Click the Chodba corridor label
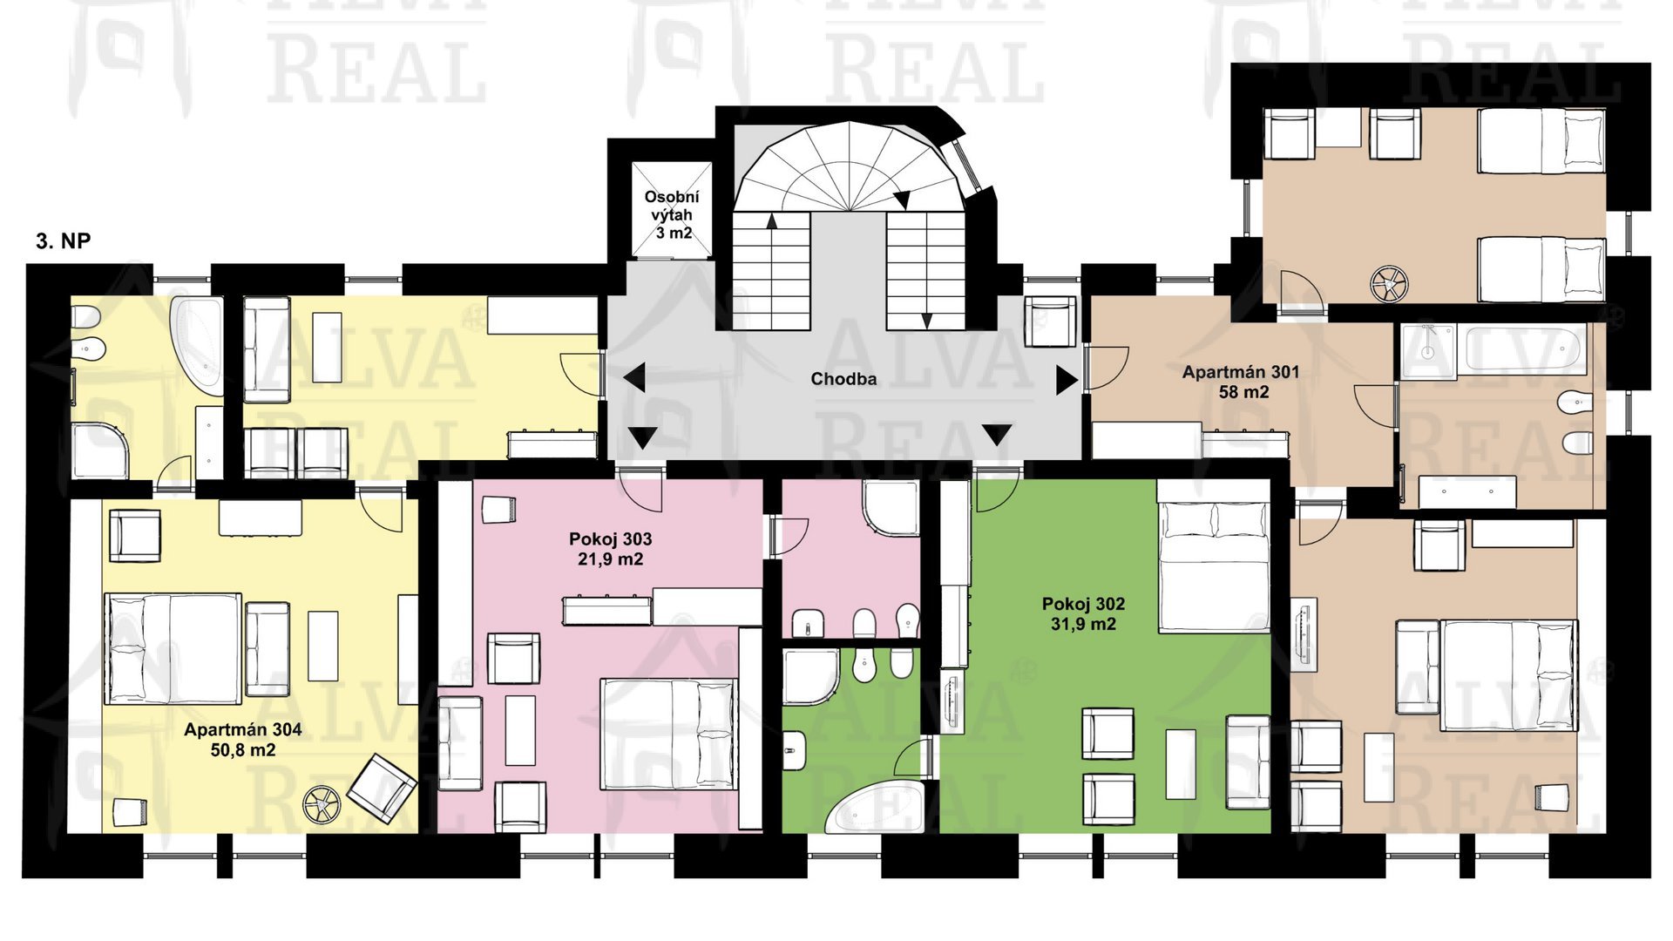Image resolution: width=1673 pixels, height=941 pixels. click(843, 379)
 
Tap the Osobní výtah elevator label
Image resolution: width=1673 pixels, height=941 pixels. click(672, 215)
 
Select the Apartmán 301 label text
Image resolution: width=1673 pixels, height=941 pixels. click(1241, 382)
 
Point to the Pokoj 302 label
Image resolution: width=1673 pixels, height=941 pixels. click(1083, 613)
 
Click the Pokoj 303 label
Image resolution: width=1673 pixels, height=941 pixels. click(610, 549)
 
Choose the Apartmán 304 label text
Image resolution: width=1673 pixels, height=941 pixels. click(243, 740)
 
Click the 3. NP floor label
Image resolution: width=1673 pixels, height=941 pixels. click(63, 241)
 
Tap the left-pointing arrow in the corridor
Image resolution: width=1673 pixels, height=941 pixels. click(634, 378)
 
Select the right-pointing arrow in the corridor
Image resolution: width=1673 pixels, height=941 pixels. click(1067, 380)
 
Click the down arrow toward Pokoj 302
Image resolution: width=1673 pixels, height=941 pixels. click(997, 434)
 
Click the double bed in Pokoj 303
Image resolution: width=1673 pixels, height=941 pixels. click(669, 734)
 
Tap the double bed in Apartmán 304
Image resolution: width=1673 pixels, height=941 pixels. click(173, 649)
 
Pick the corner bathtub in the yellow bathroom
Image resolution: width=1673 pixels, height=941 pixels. click(198, 346)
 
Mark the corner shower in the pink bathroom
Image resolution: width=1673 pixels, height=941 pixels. click(891, 508)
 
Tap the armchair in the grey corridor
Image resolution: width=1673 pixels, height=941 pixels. click(1051, 322)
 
